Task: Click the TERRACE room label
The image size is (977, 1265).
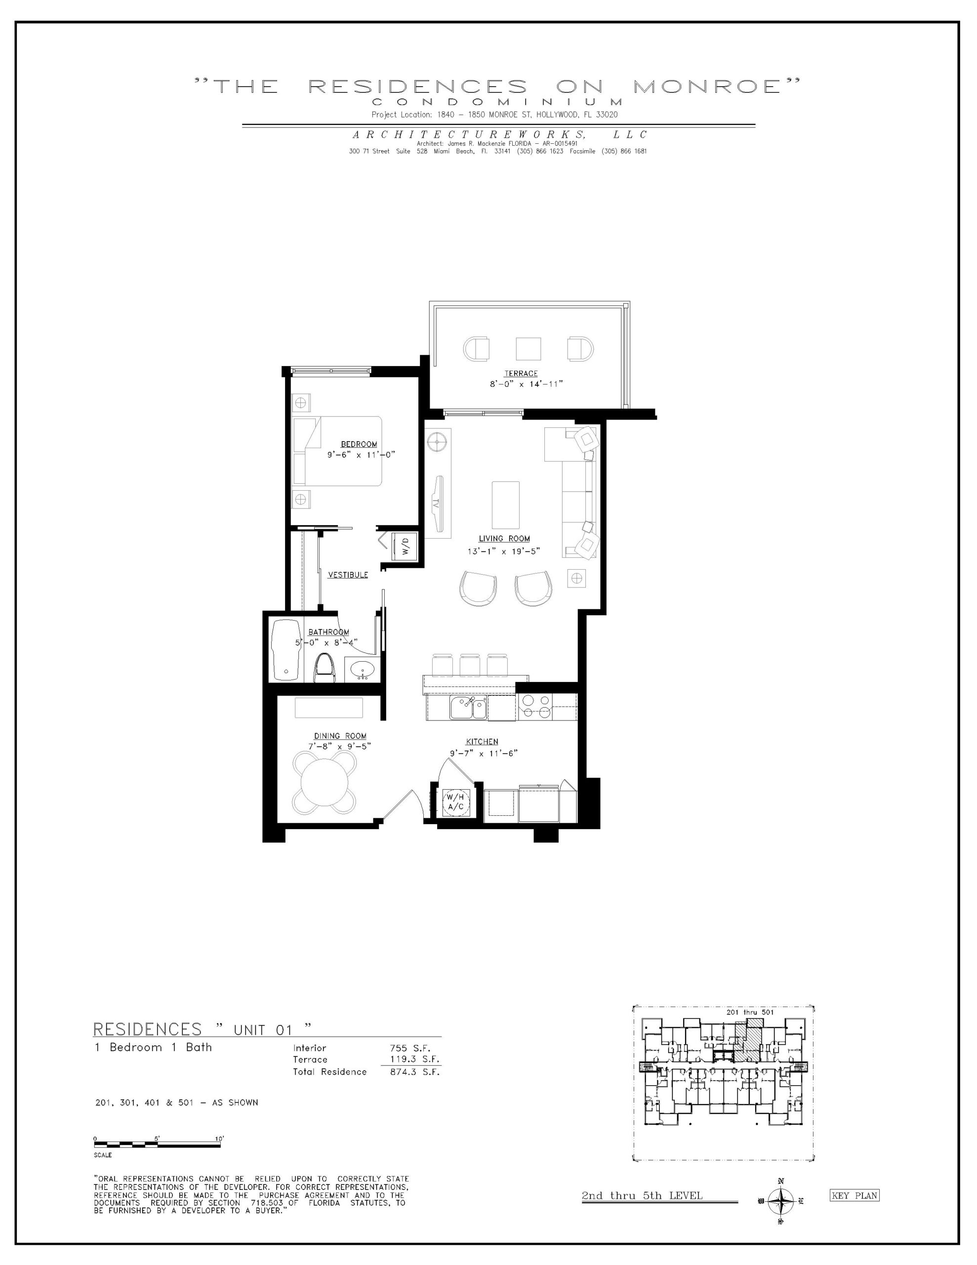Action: tap(521, 374)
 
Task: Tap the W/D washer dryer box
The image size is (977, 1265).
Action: tap(405, 546)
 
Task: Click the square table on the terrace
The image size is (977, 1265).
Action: tap(528, 349)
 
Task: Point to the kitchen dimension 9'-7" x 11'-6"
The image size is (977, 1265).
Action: tap(483, 753)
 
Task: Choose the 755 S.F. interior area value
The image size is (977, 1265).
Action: tap(410, 1047)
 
